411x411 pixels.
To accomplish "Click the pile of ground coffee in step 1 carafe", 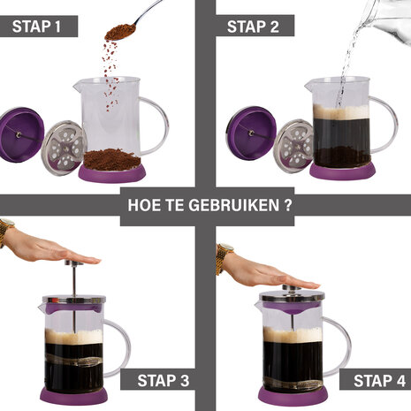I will (110, 159).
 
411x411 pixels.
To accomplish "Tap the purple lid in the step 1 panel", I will (18, 134).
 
